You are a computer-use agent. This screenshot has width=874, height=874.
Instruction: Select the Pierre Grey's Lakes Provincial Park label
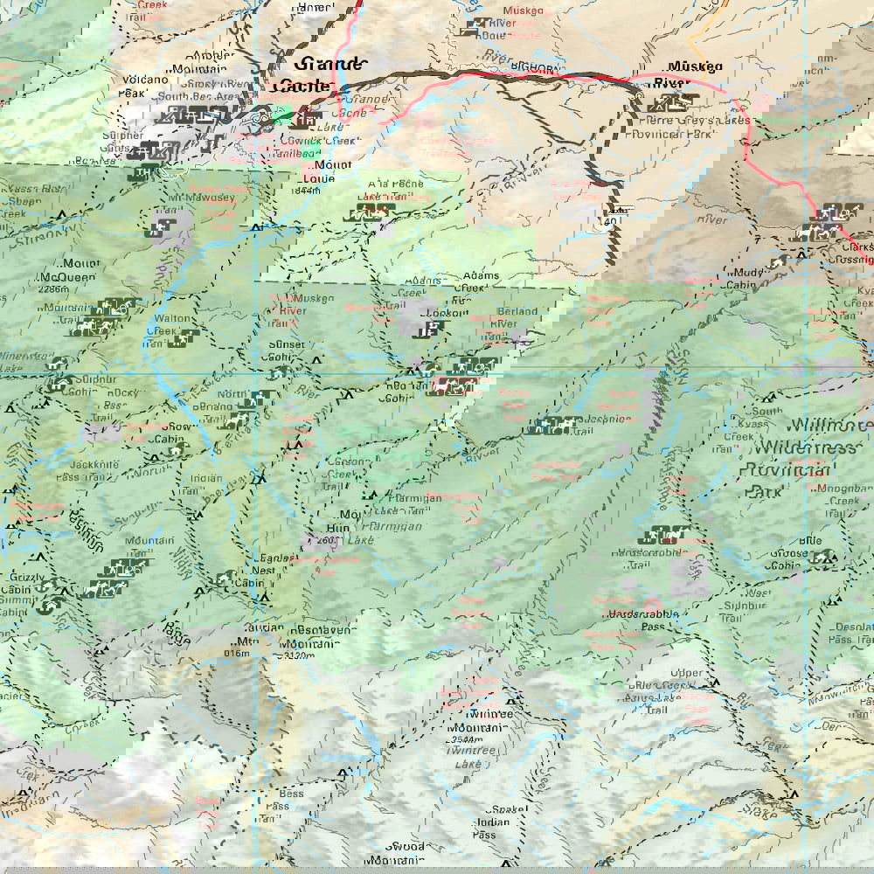click(695, 127)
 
